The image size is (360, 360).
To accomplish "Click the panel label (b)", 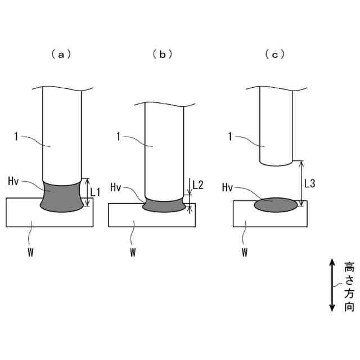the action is [x=162, y=55].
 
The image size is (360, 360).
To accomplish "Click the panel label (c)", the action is [x=274, y=55].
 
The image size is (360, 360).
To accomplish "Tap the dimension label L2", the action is [x=198, y=184].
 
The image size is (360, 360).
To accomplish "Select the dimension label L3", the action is [x=310, y=183].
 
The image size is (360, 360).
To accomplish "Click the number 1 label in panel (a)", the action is [x=17, y=135].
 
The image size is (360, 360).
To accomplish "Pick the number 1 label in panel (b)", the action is [x=119, y=135].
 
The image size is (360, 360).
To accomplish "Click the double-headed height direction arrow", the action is [x=332, y=285].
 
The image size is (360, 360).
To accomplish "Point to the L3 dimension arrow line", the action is [x=301, y=183].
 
